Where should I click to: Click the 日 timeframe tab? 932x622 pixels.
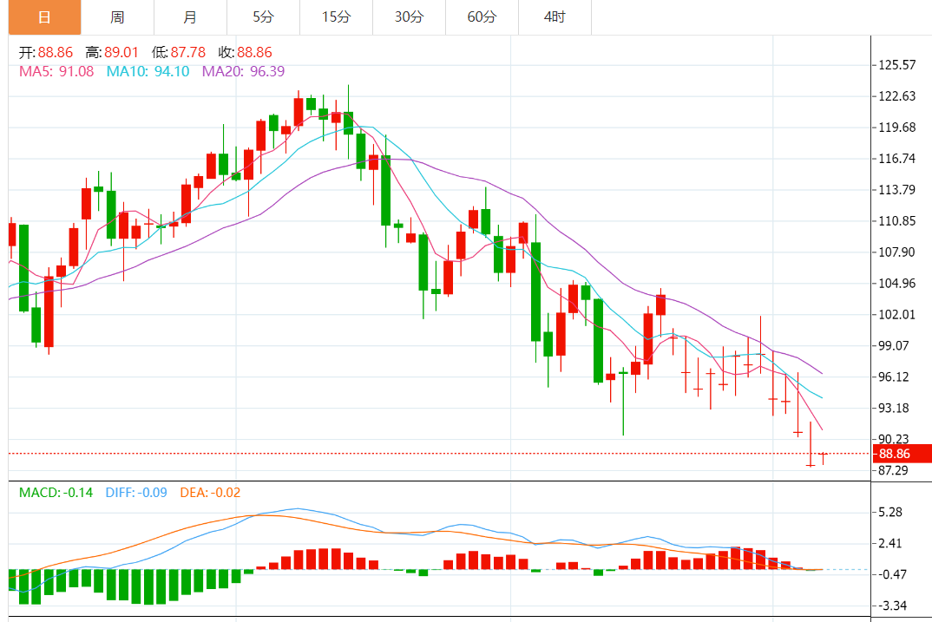pos(43,17)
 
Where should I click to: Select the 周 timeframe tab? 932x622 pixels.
pos(117,17)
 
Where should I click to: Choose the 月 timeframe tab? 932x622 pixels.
pos(190,17)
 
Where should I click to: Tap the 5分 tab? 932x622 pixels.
pos(263,17)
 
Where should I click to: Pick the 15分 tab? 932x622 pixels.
pos(336,17)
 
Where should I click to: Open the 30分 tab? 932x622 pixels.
pos(409,17)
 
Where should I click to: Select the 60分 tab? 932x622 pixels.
pos(482,17)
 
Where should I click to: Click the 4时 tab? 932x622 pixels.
pos(555,17)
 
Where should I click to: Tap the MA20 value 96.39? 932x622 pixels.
pos(266,71)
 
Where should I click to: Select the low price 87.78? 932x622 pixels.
pos(188,52)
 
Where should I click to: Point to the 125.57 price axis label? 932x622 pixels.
pos(897,65)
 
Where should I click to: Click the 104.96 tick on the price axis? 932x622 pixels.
pos(897,284)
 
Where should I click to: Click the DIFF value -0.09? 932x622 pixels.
pos(153,493)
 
